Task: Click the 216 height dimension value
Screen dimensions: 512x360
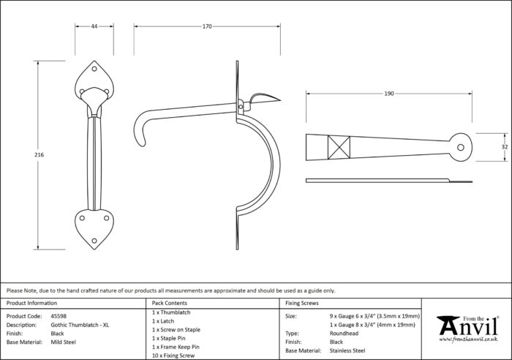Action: click(39, 155)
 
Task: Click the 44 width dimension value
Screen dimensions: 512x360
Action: click(94, 26)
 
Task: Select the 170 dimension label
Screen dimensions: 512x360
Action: click(207, 26)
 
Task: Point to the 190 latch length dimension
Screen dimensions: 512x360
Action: click(389, 94)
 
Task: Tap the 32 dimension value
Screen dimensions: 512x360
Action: click(505, 147)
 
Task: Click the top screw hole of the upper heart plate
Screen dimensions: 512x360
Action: click(94, 69)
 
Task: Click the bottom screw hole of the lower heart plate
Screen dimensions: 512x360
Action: click(94, 241)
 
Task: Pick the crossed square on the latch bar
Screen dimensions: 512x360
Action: click(339, 147)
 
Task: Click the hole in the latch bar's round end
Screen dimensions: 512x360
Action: click(461, 147)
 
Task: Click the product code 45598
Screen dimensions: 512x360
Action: click(59, 316)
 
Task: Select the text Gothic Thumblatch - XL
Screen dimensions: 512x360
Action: click(80, 325)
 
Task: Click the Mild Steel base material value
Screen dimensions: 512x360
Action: click(64, 342)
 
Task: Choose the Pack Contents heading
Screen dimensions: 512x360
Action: click(170, 303)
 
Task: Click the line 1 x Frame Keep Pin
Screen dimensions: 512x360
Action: click(176, 347)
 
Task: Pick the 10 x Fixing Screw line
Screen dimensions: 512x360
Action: click(173, 356)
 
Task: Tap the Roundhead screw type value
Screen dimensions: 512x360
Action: click(344, 333)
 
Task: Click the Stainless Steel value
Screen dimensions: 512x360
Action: click(347, 350)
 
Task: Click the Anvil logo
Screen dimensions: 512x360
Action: click(467, 329)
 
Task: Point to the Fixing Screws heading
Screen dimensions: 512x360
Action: click(301, 303)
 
